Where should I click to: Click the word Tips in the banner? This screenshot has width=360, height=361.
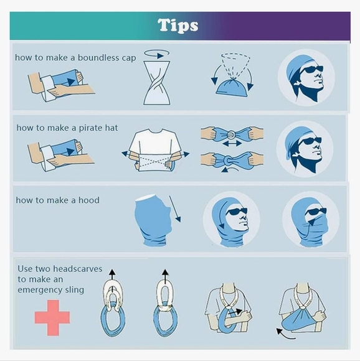click(178, 25)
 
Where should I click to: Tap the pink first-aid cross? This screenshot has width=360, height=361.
click(52, 317)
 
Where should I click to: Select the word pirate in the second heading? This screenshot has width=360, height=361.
click(91, 128)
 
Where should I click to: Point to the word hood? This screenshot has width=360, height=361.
click(89, 200)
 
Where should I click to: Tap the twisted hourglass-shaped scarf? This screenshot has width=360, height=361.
click(157, 83)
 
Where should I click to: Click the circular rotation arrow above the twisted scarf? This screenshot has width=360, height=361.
click(157, 54)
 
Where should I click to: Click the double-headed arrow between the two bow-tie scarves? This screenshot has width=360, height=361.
click(232, 144)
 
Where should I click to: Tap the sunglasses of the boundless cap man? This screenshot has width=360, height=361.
click(311, 69)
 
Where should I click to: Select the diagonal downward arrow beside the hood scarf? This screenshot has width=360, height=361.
click(175, 209)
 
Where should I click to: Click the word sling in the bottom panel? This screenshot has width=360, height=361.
click(74, 290)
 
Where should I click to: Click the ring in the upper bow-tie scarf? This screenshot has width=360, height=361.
click(232, 134)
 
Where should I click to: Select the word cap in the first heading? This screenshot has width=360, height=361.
click(129, 58)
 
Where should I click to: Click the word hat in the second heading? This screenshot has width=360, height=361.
click(111, 128)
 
